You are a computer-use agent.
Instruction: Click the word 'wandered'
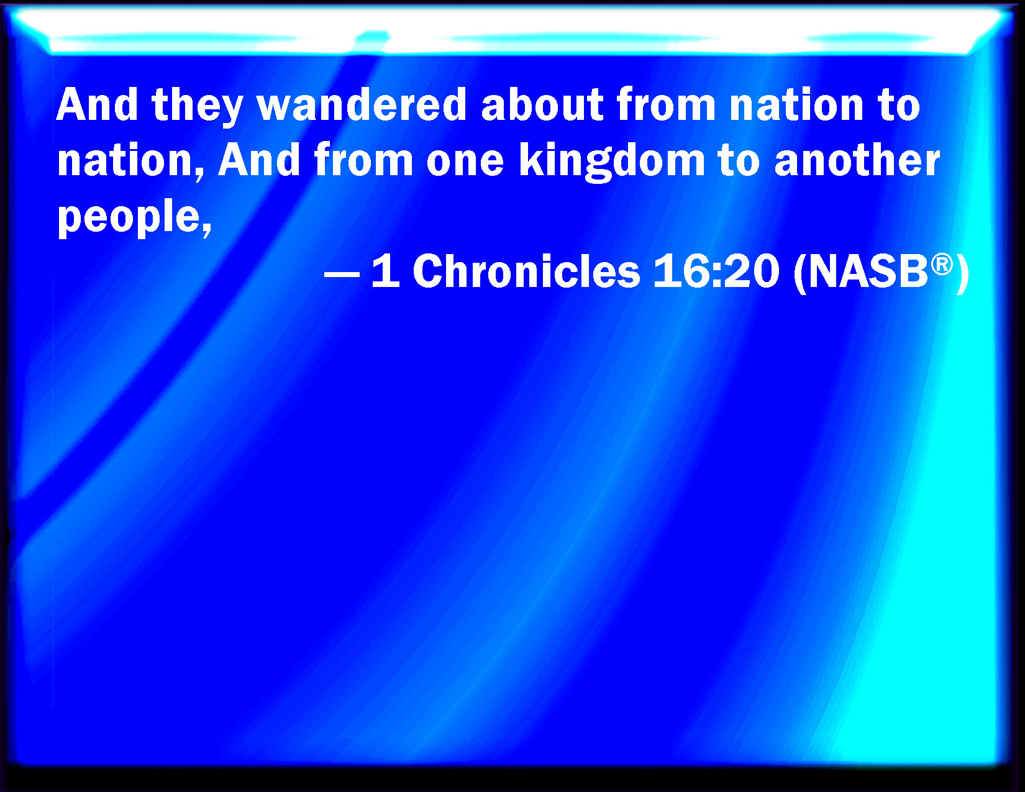tap(362, 104)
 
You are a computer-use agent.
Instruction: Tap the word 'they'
tap(197, 107)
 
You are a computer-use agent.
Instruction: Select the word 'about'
tap(542, 104)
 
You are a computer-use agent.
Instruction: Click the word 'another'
tap(857, 160)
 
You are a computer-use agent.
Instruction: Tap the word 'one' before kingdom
tap(465, 163)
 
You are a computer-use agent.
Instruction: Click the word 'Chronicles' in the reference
tap(526, 271)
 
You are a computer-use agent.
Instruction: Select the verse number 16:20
tap(716, 271)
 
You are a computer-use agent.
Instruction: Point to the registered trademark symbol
tap(942, 264)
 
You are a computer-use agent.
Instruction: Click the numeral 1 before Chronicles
tap(386, 271)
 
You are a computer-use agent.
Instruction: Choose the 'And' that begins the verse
tap(97, 104)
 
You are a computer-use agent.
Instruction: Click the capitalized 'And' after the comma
tap(258, 160)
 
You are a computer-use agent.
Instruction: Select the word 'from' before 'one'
tap(363, 160)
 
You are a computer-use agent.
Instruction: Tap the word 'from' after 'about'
tap(666, 104)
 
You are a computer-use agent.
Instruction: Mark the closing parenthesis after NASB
tap(963, 273)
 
